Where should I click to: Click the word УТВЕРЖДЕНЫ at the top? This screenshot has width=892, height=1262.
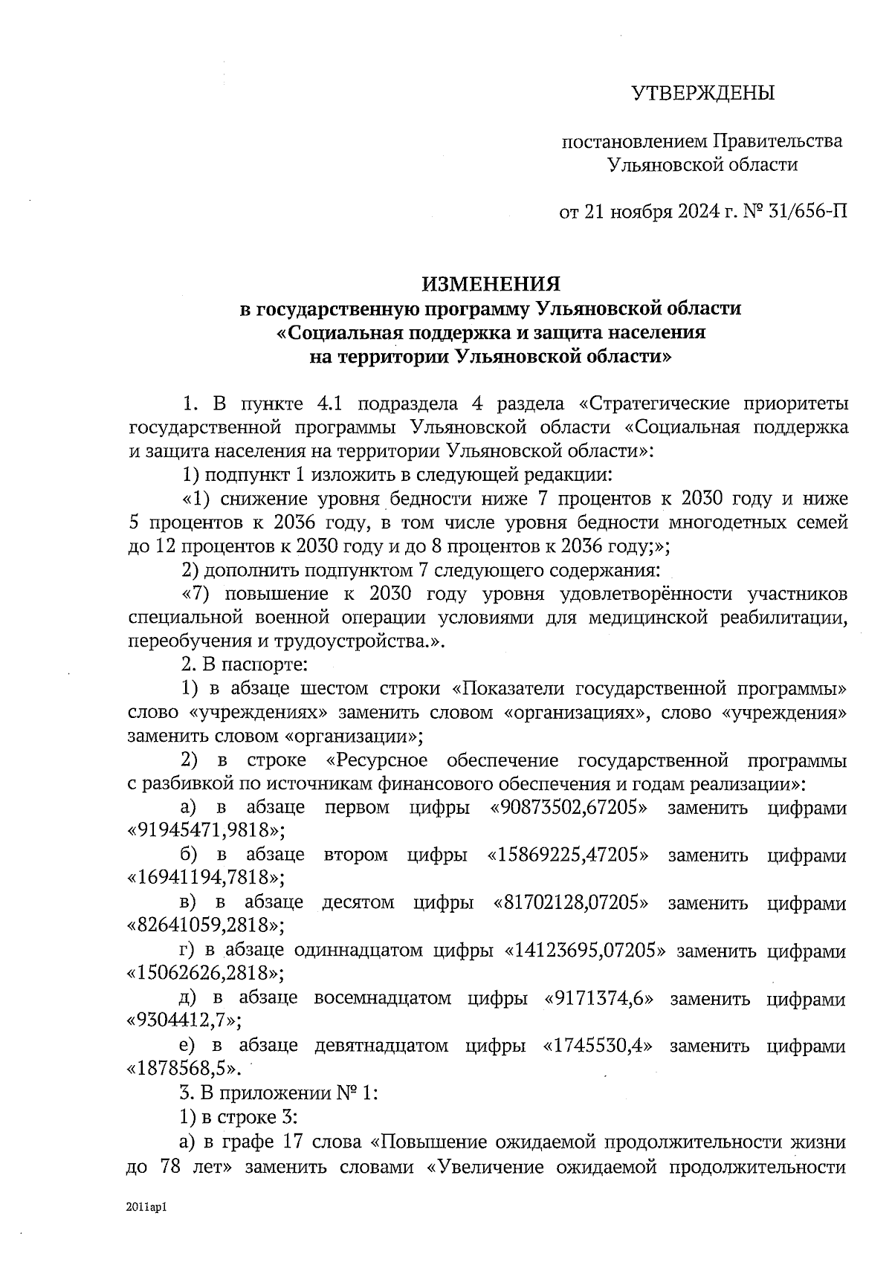702,94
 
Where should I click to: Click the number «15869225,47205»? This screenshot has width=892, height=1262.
567,855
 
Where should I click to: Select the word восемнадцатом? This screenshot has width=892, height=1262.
382,998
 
